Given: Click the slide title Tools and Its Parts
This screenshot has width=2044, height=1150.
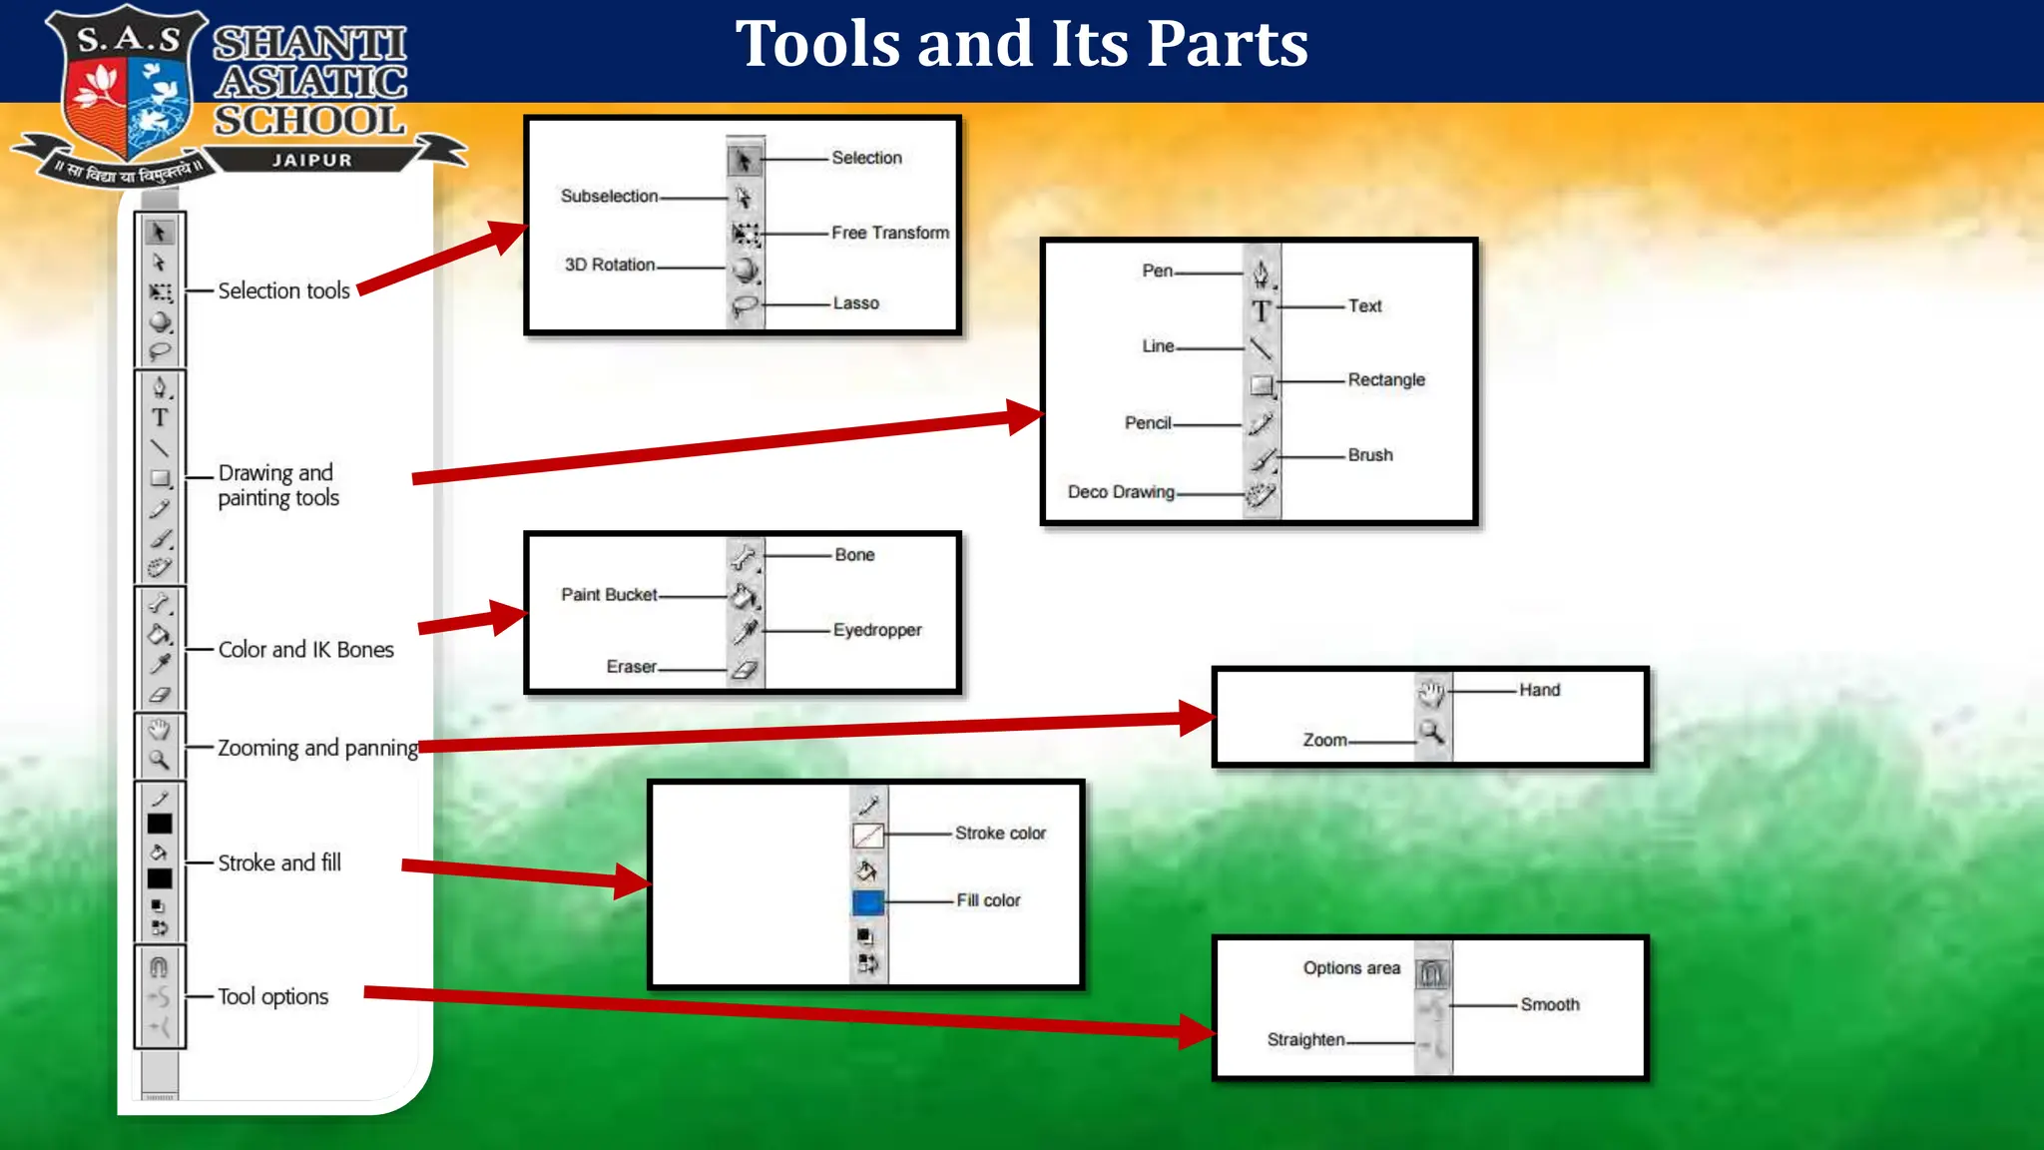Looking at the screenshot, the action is click(1022, 45).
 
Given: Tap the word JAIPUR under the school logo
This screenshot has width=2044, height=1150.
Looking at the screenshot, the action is click(312, 161).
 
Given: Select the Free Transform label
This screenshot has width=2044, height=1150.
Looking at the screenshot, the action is click(890, 233).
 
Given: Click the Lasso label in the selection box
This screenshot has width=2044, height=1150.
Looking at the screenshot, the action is click(856, 303).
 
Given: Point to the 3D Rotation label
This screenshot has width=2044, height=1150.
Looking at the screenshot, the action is click(610, 265).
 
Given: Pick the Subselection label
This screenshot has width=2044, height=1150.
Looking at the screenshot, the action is click(609, 197).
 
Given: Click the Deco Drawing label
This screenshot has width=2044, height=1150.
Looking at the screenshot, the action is click(1121, 492).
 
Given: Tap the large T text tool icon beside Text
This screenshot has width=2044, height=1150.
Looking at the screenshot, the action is click(1262, 311).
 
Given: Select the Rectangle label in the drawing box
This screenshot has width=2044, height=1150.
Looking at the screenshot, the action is click(1386, 380).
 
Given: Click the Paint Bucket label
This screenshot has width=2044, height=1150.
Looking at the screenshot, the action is click(609, 595).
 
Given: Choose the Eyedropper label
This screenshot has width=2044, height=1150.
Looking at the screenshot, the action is click(877, 631).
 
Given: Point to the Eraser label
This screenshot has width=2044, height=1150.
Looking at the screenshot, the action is click(632, 667).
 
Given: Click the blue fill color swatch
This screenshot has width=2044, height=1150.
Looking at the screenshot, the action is click(868, 903).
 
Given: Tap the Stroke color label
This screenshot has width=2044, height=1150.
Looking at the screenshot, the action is click(1000, 834).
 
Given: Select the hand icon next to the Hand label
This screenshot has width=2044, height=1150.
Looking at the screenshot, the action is click(1432, 693).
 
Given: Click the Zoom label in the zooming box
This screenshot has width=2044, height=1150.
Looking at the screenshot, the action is click(1324, 741).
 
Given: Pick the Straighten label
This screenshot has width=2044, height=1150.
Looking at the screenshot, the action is click(1306, 1040).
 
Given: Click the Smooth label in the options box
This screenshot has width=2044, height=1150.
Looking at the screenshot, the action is click(1550, 1005).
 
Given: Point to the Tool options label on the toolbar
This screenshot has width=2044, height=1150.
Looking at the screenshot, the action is click(273, 997).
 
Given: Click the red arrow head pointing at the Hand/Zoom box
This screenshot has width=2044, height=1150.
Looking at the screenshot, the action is click(1197, 718).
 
